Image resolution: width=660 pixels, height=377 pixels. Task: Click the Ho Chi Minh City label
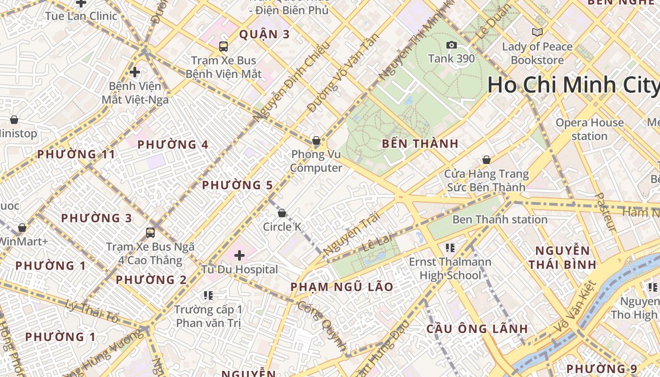[x=573, y=85]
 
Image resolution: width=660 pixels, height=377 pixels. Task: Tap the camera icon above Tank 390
[x=451, y=45]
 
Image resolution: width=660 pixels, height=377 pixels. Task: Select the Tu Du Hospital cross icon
[x=239, y=255]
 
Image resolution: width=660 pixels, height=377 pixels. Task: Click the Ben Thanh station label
[x=500, y=220]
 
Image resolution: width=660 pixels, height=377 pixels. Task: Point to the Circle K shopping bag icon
[x=282, y=213]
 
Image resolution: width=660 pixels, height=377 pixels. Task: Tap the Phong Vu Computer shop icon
[x=316, y=140]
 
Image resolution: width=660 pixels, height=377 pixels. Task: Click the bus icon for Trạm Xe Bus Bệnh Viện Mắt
[x=223, y=46]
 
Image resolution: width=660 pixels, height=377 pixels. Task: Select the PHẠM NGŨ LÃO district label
[x=342, y=287]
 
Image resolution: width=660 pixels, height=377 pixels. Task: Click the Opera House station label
[x=589, y=129]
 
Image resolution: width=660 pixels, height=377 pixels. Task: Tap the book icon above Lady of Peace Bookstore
[x=537, y=32]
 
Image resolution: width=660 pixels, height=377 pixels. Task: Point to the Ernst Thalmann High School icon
[x=450, y=247]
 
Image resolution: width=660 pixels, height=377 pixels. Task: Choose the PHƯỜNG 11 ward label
[x=76, y=154]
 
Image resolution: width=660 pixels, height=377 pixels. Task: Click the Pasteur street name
[x=605, y=212]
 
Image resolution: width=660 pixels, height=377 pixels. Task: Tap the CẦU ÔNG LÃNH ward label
[x=477, y=329]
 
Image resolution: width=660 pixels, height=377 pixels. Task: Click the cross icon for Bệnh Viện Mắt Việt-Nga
[x=135, y=72]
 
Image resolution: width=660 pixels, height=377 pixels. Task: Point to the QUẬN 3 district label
[x=264, y=34]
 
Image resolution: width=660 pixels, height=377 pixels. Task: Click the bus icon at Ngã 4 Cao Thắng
[x=150, y=232]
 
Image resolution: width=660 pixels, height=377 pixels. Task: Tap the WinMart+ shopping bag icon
[x=22, y=228]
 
